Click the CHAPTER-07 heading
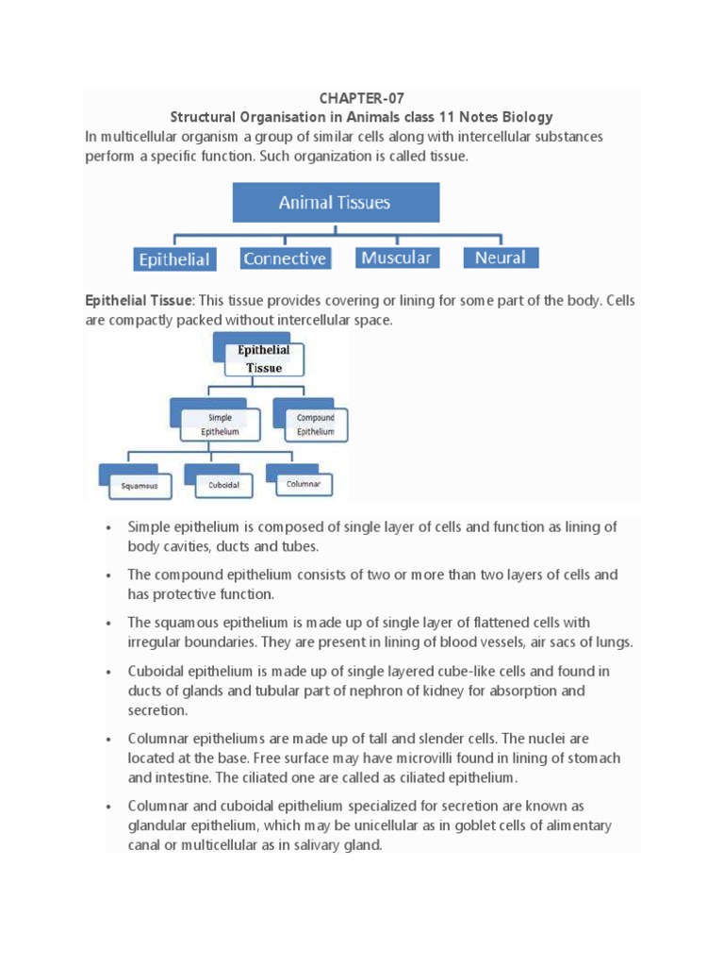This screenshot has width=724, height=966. click(x=361, y=98)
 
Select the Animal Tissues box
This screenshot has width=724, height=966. click(x=335, y=203)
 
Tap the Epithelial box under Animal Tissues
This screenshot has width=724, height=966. click(x=174, y=258)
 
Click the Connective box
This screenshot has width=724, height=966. click(x=285, y=258)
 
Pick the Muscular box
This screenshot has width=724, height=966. click(x=396, y=258)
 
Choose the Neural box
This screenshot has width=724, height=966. click(x=501, y=258)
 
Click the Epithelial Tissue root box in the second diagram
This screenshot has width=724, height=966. click(x=264, y=359)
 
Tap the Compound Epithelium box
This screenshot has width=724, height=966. click(x=315, y=424)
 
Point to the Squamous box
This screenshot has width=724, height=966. click(x=140, y=487)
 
